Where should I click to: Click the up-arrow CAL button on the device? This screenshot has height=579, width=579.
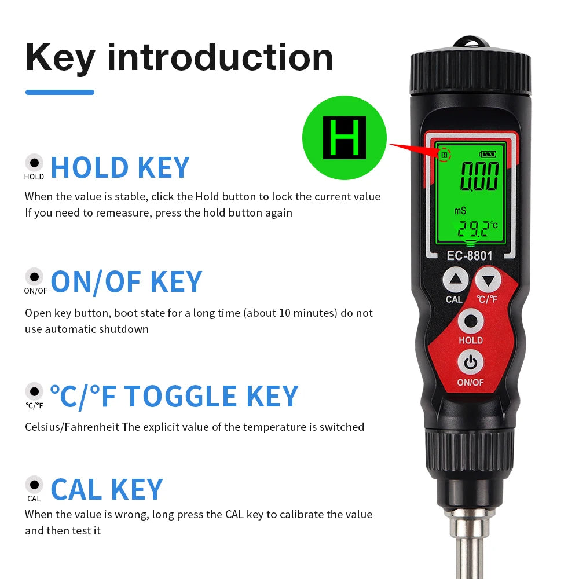[456, 281]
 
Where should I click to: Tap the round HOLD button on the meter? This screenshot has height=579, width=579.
[470, 321]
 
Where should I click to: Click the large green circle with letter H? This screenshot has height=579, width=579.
[344, 138]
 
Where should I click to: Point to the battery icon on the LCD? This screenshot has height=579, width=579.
[488, 155]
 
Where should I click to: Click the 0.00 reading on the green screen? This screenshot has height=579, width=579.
[479, 177]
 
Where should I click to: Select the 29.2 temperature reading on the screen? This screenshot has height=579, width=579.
[474, 230]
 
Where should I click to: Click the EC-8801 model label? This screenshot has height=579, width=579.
[470, 255]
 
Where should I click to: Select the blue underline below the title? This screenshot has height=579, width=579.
[60, 92]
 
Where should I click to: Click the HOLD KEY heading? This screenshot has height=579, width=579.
[120, 167]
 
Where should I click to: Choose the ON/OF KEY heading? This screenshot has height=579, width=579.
[126, 282]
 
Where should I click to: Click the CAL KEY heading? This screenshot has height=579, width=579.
[107, 489]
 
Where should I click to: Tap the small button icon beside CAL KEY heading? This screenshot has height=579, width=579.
[34, 484]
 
